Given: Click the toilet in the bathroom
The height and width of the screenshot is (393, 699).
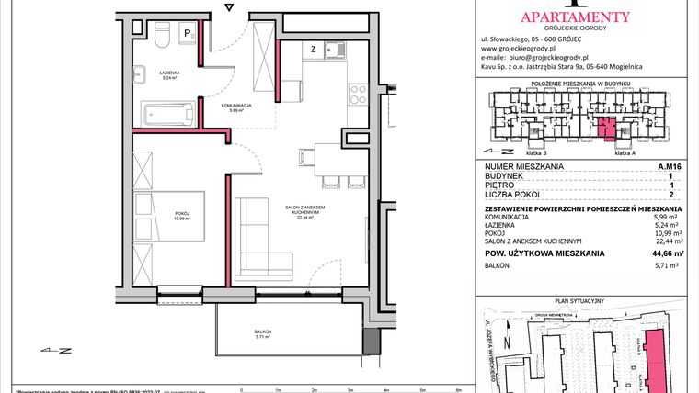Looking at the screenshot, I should point(160,37).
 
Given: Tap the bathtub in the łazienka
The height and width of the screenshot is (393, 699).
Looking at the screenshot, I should point(166,114).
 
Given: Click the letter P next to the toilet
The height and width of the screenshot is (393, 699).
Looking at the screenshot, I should point(187,34).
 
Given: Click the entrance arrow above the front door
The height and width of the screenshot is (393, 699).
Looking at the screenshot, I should point(230,8).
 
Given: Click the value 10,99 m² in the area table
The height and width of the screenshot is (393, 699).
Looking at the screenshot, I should point(672,232).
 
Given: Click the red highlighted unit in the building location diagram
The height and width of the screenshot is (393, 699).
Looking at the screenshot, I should point(603,128).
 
